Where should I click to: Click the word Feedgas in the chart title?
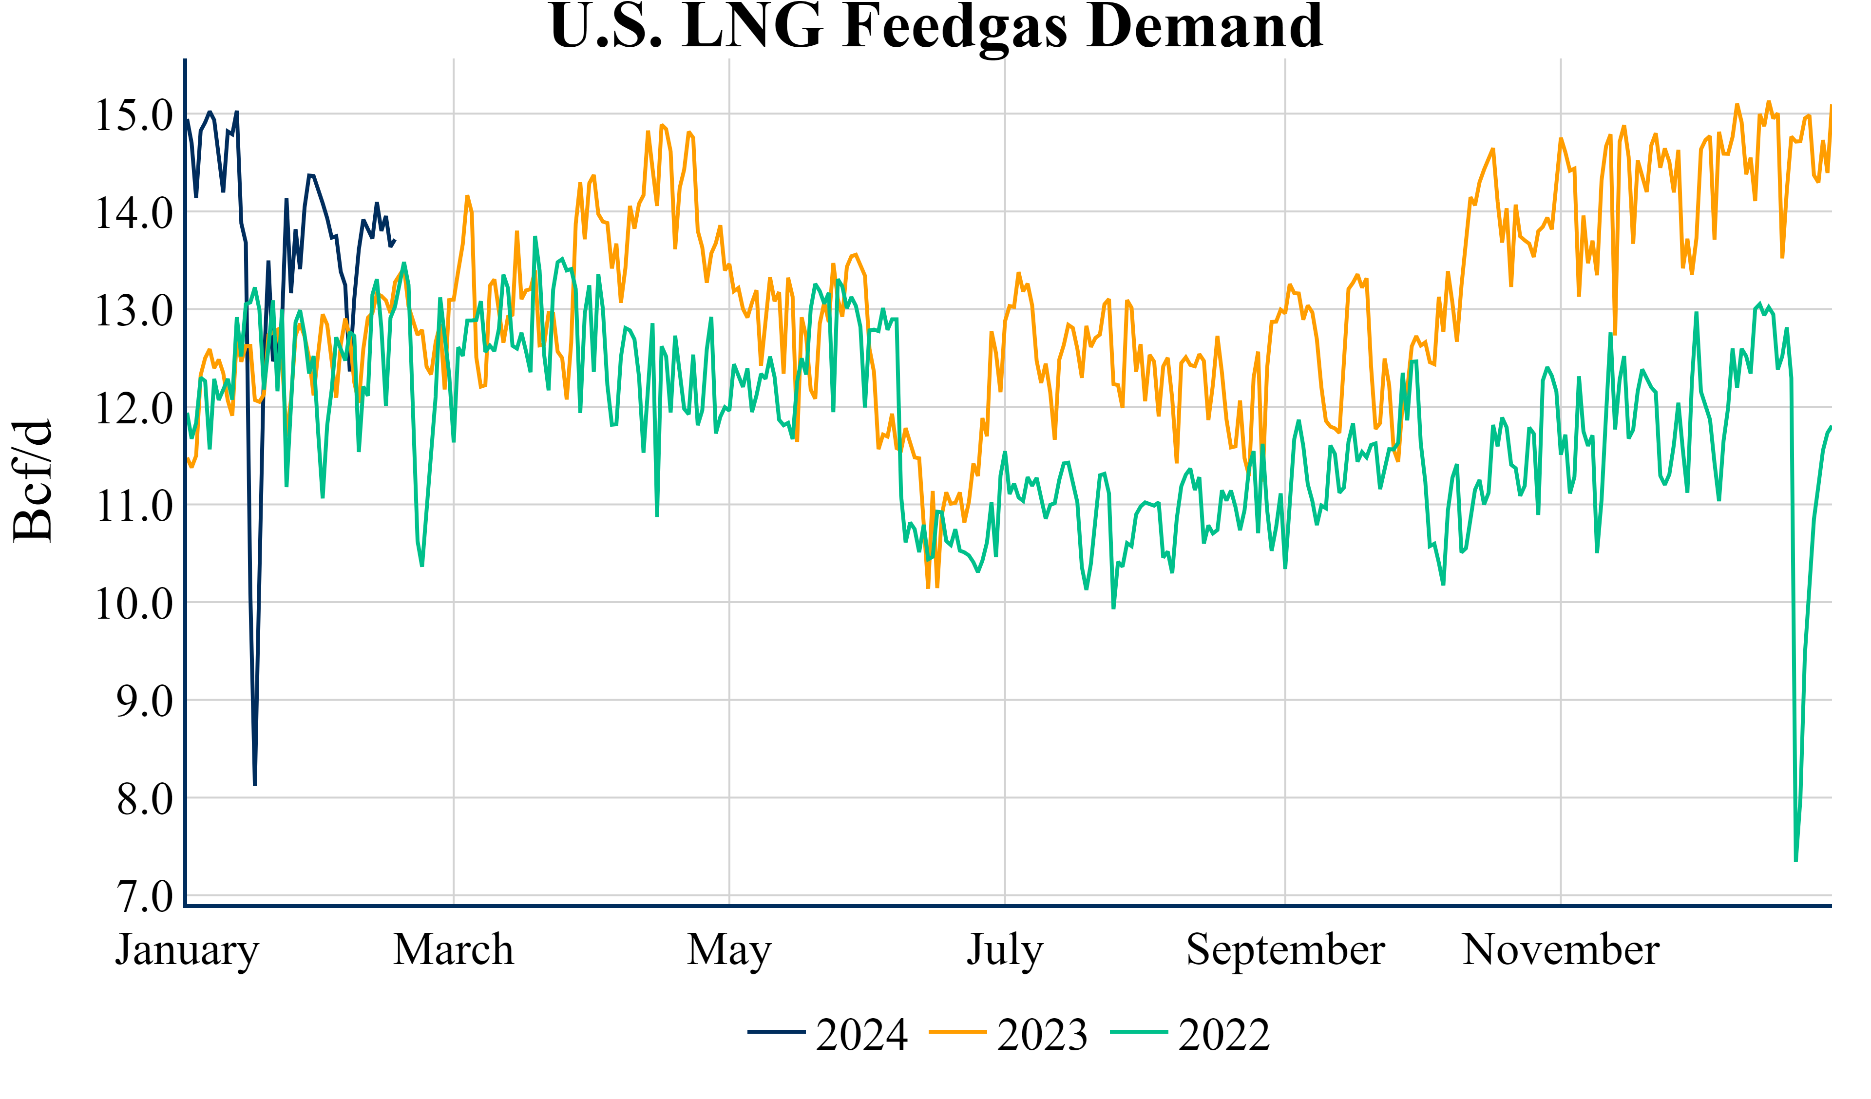[x=955, y=27]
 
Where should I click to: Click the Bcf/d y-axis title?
[x=34, y=481]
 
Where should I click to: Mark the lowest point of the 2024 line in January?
[x=255, y=785]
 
